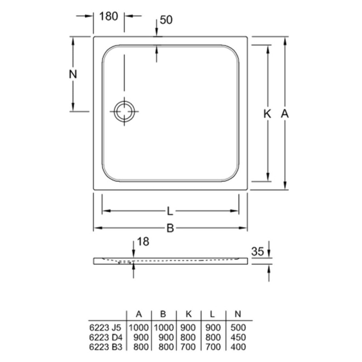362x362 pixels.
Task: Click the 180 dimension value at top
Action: [x=109, y=16]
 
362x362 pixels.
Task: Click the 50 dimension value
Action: [x=166, y=20]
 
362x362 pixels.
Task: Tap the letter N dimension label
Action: [x=73, y=74]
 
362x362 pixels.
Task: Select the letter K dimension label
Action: [x=267, y=114]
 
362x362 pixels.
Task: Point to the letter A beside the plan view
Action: [x=285, y=114]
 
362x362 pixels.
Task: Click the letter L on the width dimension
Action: [x=170, y=211]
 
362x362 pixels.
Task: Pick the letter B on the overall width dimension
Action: [x=170, y=228]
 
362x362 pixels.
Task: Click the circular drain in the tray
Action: [x=124, y=111]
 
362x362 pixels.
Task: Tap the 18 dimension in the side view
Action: [x=143, y=242]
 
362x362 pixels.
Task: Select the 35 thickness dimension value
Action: [x=257, y=251]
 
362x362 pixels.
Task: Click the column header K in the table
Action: [x=189, y=314]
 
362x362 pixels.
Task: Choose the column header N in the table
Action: [x=238, y=314]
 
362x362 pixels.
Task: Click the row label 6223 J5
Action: [x=105, y=327]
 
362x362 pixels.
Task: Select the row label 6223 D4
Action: [x=105, y=337]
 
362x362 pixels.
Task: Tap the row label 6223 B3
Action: [x=105, y=347]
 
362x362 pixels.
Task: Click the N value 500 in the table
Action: [x=238, y=327]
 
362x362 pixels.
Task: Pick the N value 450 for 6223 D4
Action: [x=238, y=337]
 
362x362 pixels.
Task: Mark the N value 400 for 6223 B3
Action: [x=238, y=347]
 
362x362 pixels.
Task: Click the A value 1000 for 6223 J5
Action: [x=139, y=327]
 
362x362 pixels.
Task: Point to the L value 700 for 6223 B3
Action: [x=213, y=347]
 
